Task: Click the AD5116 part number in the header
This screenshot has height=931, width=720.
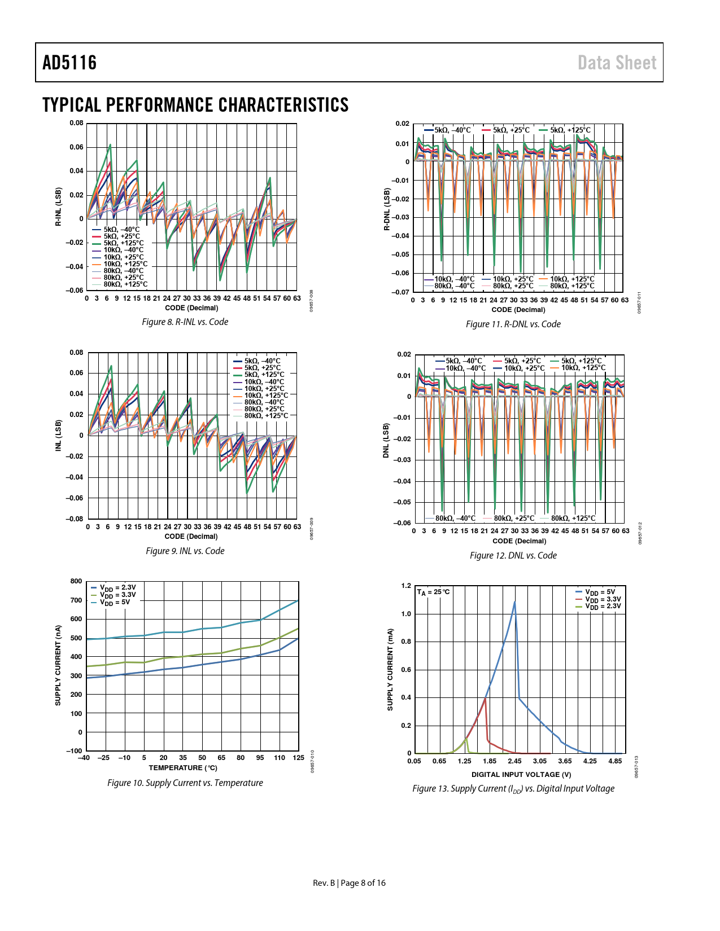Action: pos(69,63)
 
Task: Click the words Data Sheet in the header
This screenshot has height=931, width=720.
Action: pos(617,63)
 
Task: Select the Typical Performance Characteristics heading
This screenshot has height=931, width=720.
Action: pos(195,105)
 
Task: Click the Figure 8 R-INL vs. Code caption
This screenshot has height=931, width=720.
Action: pos(185,322)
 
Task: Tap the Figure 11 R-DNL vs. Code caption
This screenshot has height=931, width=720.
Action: pos(513,324)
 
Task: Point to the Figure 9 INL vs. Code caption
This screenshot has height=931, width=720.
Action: pos(185,551)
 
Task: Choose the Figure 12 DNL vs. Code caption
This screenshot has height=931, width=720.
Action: pos(513,555)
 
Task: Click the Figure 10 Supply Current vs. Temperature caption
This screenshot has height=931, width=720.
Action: pos(185,783)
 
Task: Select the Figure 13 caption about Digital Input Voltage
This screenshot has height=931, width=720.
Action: pos(513,788)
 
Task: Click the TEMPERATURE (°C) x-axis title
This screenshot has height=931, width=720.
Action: pos(183,767)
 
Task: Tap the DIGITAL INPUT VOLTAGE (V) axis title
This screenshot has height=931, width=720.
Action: pos(521,774)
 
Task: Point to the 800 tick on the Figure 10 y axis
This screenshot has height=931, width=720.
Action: pos(76,581)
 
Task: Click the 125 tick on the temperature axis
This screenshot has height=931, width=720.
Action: pos(298,758)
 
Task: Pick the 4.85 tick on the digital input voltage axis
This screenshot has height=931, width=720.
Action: pos(615,761)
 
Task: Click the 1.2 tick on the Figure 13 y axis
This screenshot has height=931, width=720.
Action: pos(406,586)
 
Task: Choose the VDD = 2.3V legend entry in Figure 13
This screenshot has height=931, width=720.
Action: pos(603,606)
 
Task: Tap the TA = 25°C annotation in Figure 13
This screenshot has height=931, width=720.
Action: pos(433,592)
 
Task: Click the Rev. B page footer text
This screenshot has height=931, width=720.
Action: pos(349,883)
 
